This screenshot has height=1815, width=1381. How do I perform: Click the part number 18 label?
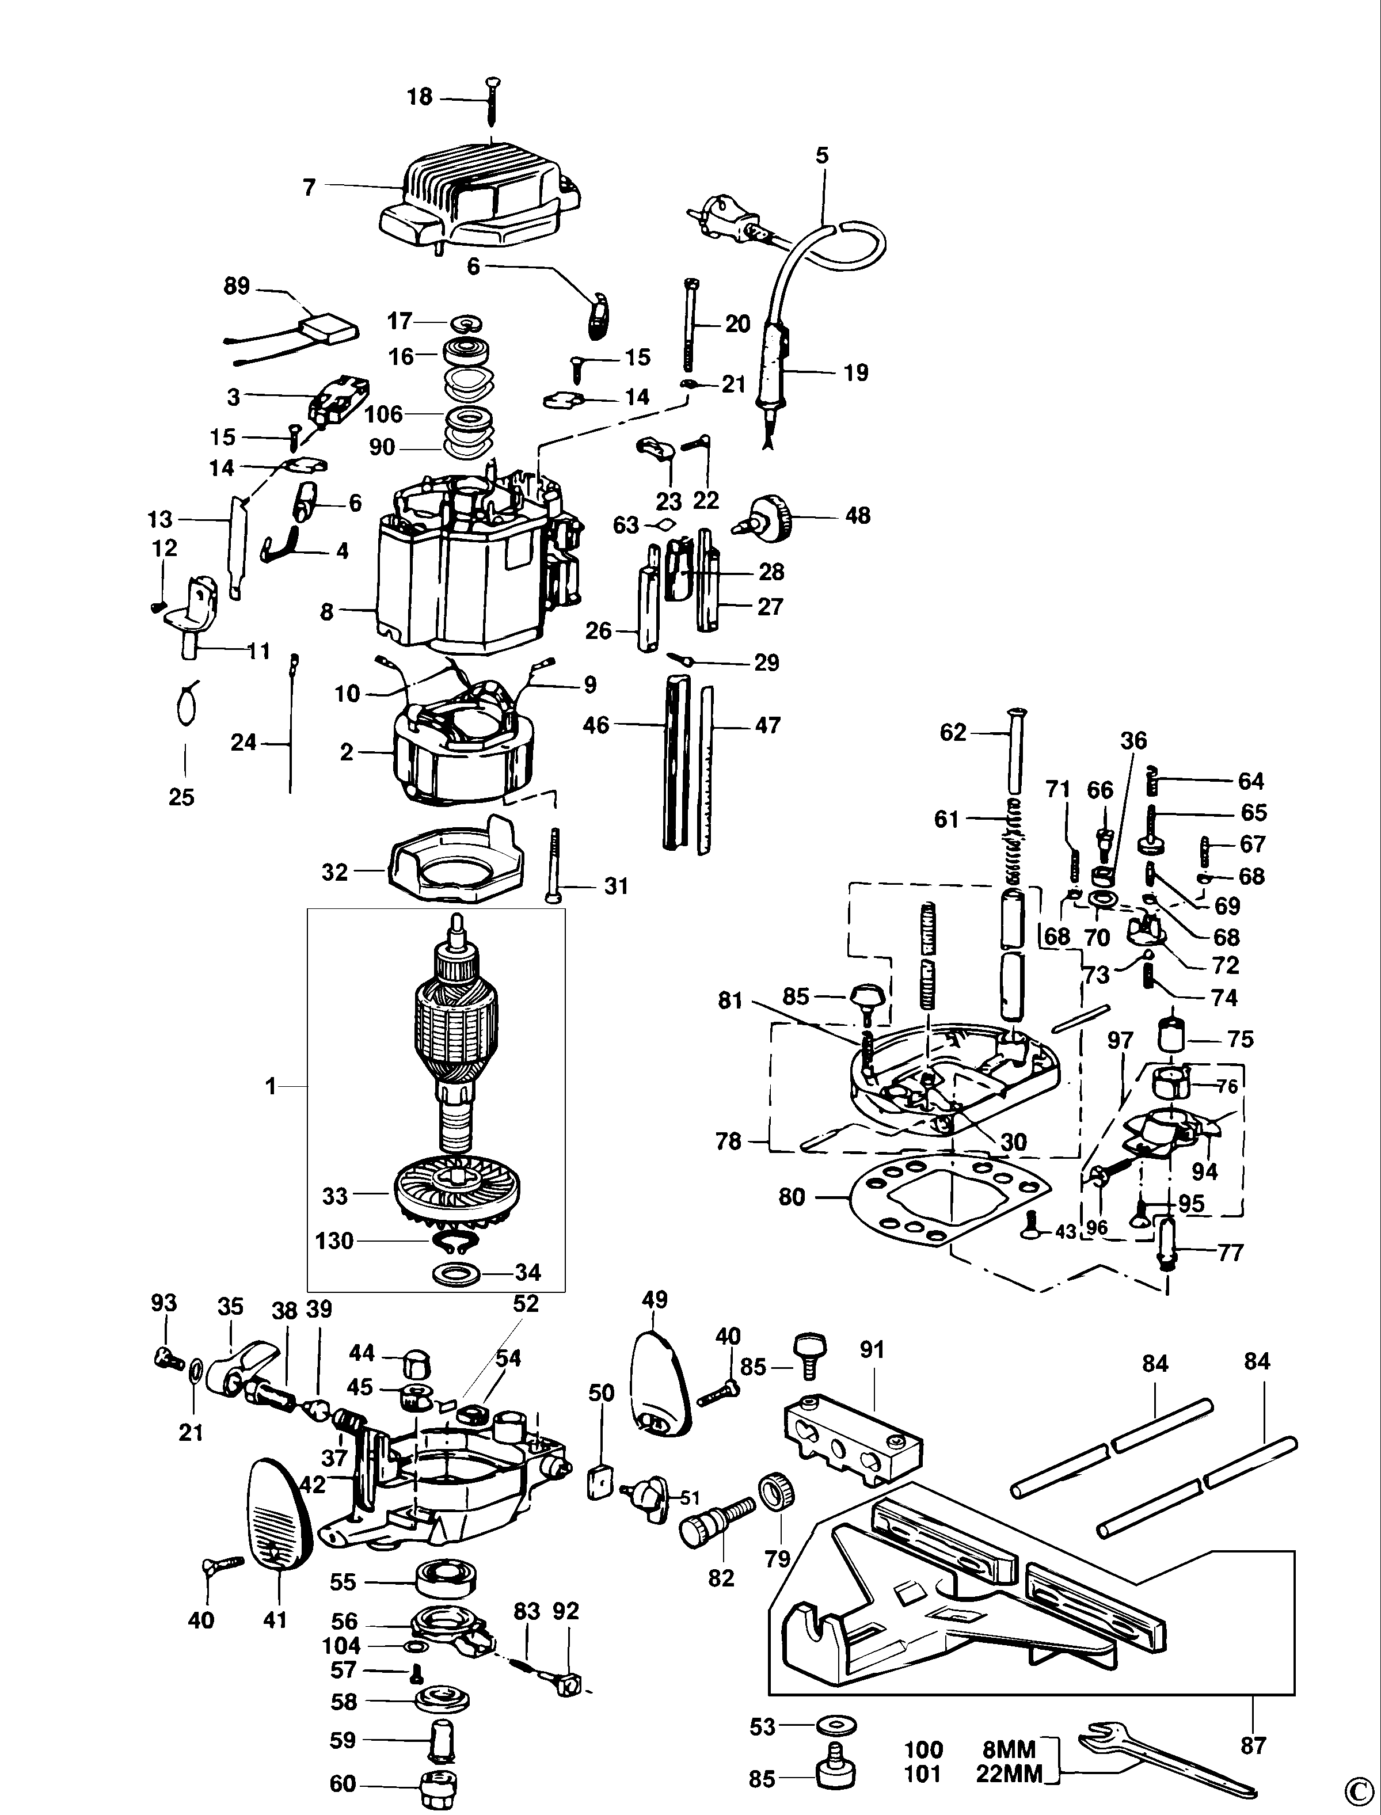pyautogui.click(x=419, y=97)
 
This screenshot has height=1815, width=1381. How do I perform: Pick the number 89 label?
pyautogui.click(x=237, y=287)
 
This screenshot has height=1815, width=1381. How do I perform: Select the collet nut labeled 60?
pyautogui.click(x=437, y=1786)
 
